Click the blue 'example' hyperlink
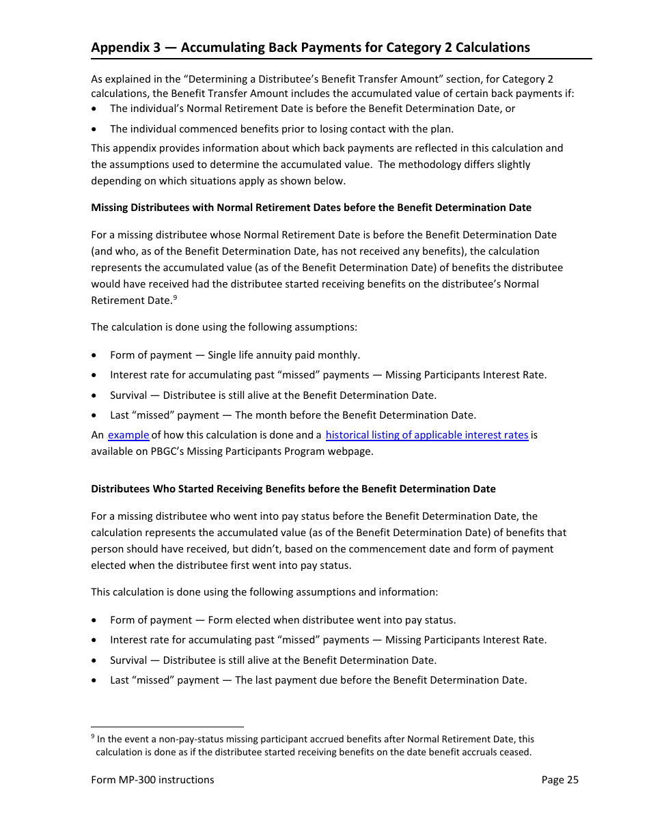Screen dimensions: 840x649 128,435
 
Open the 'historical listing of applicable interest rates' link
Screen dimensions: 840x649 427,435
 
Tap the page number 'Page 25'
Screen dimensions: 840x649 560,780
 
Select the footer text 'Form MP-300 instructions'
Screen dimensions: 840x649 152,780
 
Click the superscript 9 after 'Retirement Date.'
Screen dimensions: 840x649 176,297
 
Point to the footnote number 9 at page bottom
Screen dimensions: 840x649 93,737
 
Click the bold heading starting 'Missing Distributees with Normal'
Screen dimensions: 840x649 311,208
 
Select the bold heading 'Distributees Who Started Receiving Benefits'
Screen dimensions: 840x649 293,489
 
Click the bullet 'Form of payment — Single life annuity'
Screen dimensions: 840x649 234,355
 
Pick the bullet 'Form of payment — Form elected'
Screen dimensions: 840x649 282,620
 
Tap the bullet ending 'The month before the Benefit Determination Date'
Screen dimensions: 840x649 292,415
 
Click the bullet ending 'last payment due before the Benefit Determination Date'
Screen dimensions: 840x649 318,680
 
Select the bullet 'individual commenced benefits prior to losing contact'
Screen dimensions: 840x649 281,128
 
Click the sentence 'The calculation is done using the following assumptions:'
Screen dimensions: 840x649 223,327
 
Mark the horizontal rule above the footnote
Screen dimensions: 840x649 167,727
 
